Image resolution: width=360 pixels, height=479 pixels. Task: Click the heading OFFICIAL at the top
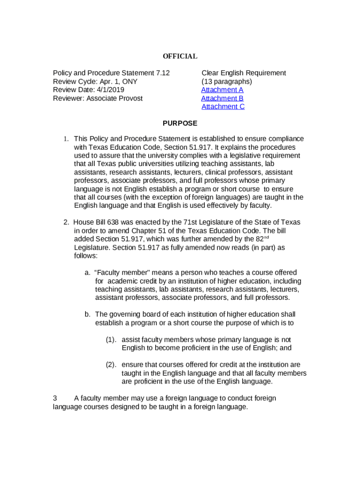[180, 57]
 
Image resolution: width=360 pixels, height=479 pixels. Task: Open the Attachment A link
[222, 90]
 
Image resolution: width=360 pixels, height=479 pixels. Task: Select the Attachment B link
[222, 98]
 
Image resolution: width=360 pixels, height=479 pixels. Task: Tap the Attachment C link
[223, 107]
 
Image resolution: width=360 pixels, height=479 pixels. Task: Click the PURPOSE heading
[180, 123]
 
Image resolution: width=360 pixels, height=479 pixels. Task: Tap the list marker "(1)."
[111, 340]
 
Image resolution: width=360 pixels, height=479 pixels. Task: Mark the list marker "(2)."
[111, 365]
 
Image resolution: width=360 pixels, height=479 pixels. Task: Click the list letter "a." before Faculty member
[87, 273]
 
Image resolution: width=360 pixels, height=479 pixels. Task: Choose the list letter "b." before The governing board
[87, 314]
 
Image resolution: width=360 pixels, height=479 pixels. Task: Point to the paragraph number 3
[55, 399]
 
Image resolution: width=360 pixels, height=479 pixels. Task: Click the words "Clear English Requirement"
[244, 73]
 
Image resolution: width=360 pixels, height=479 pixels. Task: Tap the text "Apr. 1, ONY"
[119, 81]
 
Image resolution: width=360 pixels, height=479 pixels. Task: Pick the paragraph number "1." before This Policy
[66, 139]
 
